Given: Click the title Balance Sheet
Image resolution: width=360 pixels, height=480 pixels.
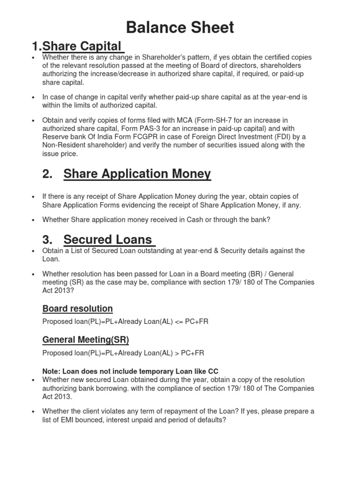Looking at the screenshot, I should pos(180,28).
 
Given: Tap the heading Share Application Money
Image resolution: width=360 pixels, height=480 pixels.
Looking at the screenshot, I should pos(137,174).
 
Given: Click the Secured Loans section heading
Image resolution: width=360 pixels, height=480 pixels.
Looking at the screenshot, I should pos(108,240).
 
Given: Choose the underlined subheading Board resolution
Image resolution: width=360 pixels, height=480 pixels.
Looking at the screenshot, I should pos(77,308).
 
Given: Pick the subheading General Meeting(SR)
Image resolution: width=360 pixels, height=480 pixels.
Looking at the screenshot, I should pos(85,339).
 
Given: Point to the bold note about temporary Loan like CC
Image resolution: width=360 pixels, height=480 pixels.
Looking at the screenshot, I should pos(130,371).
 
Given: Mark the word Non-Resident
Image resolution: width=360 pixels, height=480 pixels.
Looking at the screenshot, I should pos(64,145).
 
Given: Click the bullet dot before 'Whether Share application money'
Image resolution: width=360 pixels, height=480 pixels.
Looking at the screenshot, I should pos(33,219).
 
